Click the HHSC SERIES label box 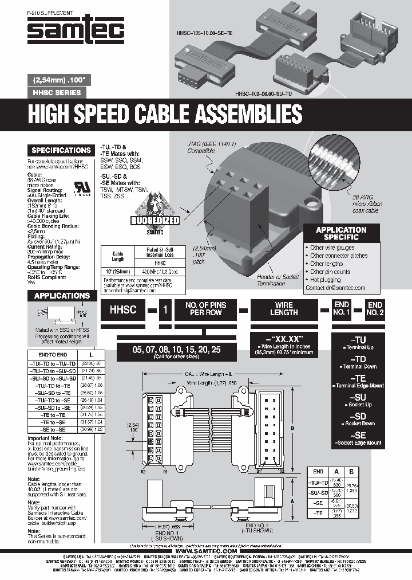(56, 93)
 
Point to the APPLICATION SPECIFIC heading (341, 233)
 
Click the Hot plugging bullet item (330, 280)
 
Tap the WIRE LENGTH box (284, 309)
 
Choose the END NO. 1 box (342, 309)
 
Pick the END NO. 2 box (375, 309)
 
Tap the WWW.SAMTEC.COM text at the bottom (205, 535)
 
